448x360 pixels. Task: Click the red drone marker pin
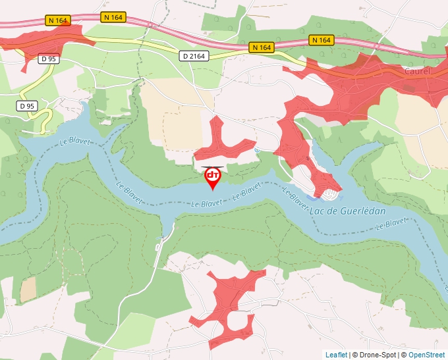click(213, 176)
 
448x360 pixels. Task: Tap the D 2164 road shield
click(194, 57)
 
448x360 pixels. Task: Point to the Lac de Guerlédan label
click(347, 211)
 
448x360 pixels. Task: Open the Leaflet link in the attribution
click(336, 355)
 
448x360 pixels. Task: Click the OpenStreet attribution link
click(428, 355)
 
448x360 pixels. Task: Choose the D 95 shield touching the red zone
click(48, 59)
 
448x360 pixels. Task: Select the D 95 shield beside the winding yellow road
click(27, 105)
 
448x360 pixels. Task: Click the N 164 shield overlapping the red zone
click(58, 20)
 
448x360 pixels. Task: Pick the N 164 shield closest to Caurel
click(321, 40)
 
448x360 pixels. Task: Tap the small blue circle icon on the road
click(258, 149)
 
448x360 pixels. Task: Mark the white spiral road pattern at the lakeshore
click(330, 193)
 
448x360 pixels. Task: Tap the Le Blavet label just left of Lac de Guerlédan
click(296, 200)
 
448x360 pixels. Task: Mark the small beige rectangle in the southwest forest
click(28, 289)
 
